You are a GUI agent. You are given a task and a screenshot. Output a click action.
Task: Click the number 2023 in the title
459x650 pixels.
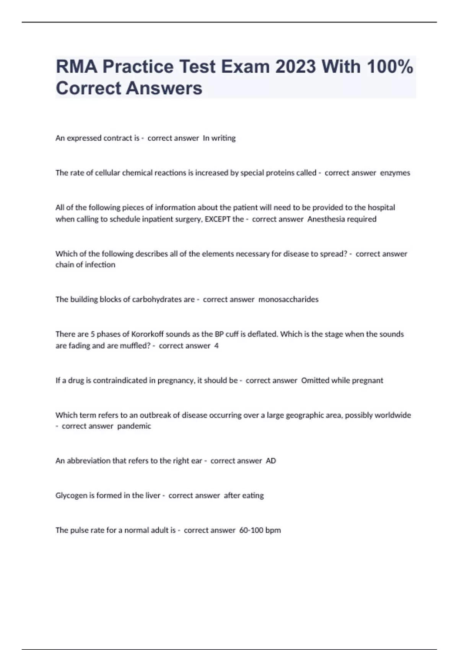[x=295, y=67]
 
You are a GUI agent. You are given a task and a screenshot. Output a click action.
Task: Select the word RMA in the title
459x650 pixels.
[x=76, y=67]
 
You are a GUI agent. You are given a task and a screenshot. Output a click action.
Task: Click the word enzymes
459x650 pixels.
[x=395, y=173]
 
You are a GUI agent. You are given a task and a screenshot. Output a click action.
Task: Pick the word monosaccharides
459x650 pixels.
[x=288, y=299]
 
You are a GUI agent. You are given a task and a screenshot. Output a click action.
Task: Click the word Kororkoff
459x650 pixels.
[x=147, y=334]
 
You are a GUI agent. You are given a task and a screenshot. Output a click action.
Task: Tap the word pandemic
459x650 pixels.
[x=134, y=426]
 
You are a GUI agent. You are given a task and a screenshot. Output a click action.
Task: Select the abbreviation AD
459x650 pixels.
[x=271, y=461]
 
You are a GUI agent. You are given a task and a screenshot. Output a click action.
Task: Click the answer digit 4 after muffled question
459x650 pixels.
[x=216, y=346]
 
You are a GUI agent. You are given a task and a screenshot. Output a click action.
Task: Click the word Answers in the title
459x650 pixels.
[x=164, y=88]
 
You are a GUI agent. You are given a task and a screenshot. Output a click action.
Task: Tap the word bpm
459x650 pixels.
[x=273, y=530]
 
